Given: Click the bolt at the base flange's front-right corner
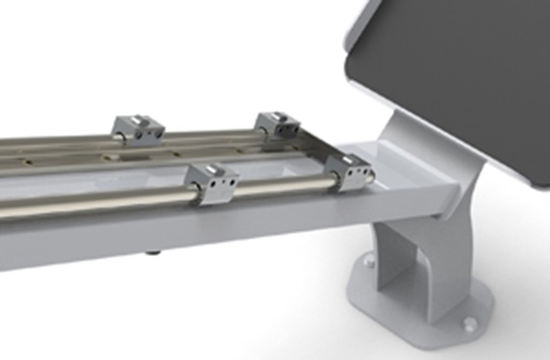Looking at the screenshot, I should pos(470,325).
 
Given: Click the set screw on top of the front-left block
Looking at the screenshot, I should pos(206,170).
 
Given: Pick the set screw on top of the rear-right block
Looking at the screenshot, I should pos(273,115).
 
